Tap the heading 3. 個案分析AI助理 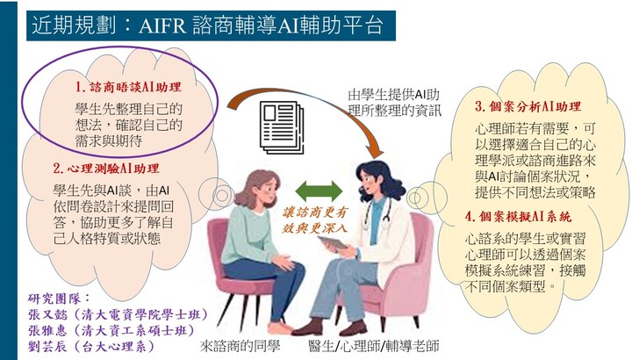click(528, 106)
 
